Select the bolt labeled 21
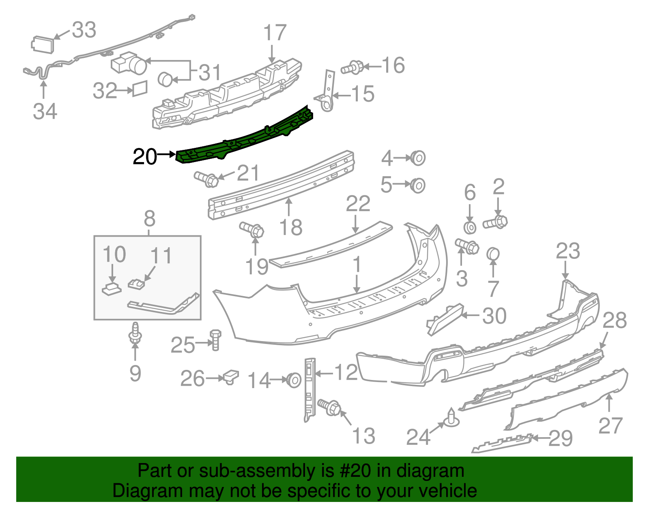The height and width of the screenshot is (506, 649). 207,179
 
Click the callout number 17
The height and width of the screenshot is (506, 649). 275,33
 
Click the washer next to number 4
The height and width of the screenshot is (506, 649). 418,158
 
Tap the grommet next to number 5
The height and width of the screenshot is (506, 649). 418,186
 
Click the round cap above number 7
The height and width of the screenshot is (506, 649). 492,254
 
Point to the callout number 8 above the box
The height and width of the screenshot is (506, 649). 149,219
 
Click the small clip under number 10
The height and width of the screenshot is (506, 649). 111,289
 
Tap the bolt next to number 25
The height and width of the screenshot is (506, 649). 215,340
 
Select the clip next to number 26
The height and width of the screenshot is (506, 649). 231,377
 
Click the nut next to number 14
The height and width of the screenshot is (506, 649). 294,380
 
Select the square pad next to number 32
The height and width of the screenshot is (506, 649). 140,88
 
